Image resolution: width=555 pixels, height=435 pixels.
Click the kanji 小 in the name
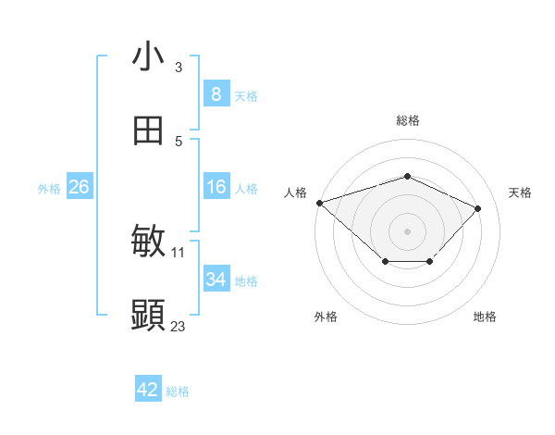click(x=148, y=56)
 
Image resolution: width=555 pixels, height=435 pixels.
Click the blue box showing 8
click(x=216, y=93)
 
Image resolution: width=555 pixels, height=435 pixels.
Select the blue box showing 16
click(x=216, y=187)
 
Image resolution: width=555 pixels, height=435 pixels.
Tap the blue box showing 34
click(x=216, y=280)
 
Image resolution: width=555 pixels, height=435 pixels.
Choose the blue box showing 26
click(x=79, y=187)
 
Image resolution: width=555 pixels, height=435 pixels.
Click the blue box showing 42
click(x=148, y=390)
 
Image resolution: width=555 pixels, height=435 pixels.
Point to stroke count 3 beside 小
click(x=179, y=67)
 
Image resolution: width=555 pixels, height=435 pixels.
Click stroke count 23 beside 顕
click(x=179, y=326)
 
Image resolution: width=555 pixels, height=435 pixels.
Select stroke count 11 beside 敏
click(x=179, y=252)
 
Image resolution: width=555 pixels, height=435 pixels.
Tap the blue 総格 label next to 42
click(x=178, y=391)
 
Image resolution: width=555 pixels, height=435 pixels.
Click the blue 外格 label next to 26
click(x=49, y=189)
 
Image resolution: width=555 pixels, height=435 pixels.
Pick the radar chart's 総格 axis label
click(x=408, y=120)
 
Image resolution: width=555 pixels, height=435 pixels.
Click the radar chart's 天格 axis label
click(x=520, y=193)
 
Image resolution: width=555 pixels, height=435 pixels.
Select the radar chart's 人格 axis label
click(x=295, y=193)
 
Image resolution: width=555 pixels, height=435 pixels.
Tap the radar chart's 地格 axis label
click(x=485, y=317)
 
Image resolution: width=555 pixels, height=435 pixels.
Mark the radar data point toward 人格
click(x=319, y=203)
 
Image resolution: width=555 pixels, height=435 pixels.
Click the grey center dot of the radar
click(x=408, y=230)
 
